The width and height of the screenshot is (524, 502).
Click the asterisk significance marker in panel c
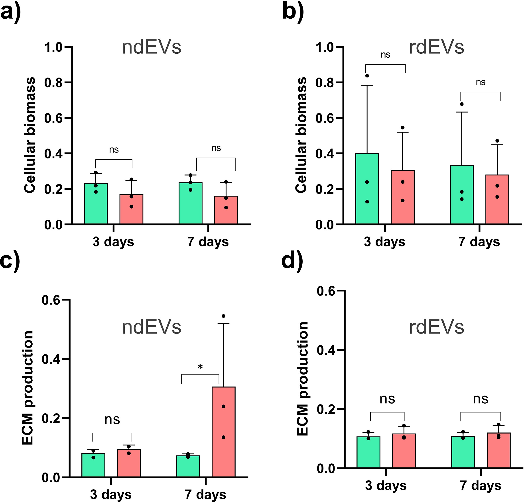(200, 367)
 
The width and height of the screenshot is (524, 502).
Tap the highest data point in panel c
(223, 316)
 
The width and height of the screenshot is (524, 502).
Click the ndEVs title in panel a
(151, 47)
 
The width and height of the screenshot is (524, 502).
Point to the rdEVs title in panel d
(436, 327)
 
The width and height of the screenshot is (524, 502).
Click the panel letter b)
(293, 12)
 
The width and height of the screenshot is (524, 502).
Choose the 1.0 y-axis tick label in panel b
(325, 47)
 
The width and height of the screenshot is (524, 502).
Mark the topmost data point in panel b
(367, 76)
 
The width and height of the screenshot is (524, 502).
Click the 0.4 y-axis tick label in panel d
(326, 350)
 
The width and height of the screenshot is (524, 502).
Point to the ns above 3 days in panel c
(112, 420)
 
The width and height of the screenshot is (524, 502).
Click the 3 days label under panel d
(386, 485)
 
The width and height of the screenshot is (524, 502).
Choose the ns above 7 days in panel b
(481, 82)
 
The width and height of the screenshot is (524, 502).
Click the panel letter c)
(10, 262)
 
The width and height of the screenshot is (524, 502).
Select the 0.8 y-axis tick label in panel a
(53, 83)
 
